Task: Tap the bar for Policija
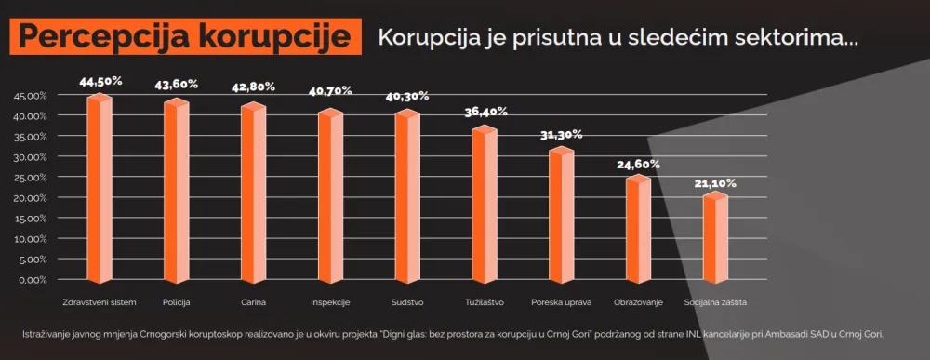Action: coord(177,191)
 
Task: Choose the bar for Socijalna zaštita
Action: coord(715,236)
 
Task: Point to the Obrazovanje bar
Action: coord(638,229)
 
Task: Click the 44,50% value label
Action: coord(100,82)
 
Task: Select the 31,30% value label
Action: coord(562,134)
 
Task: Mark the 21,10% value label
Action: coord(715,182)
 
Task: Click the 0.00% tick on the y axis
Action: coord(33,279)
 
